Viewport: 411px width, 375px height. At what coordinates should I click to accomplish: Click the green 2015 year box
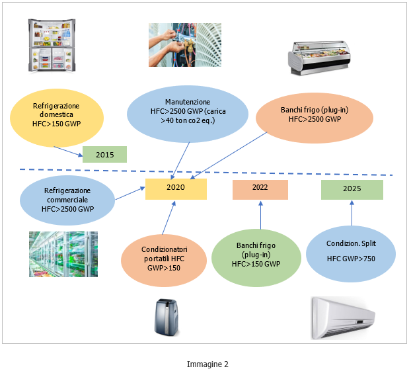pyautogui.click(x=104, y=155)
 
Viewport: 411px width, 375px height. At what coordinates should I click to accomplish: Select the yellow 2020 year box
pyautogui.click(x=176, y=188)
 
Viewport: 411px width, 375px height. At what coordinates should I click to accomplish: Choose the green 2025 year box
pyautogui.click(x=352, y=189)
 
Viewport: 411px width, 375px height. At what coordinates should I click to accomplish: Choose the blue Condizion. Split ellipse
pyautogui.click(x=351, y=251)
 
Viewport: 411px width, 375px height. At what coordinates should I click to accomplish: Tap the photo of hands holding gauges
pyautogui.click(x=184, y=45)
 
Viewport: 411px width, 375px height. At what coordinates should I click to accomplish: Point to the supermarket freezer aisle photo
pyautogui.click(x=63, y=253)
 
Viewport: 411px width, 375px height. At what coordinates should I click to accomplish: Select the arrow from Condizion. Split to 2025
pyautogui.click(x=352, y=214)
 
